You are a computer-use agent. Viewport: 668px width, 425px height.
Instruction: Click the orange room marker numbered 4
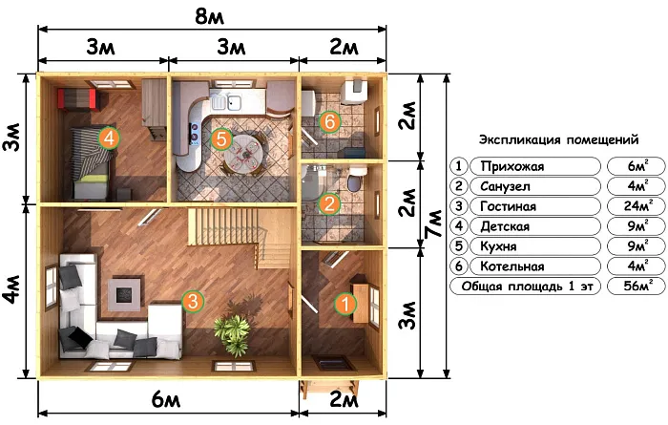click(x=109, y=138)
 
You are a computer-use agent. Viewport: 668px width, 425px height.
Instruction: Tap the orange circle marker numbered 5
click(x=221, y=138)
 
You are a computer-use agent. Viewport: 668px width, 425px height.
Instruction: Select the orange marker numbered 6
click(x=330, y=122)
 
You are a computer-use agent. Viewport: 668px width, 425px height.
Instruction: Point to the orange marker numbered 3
click(x=193, y=301)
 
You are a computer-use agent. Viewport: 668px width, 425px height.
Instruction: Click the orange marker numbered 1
click(x=345, y=304)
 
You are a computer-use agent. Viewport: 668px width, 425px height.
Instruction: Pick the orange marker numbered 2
click(x=329, y=203)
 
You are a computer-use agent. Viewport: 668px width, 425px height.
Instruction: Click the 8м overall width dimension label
click(x=209, y=16)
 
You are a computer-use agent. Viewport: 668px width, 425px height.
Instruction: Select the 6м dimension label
click(x=166, y=399)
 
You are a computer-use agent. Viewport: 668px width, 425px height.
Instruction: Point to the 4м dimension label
click(x=12, y=289)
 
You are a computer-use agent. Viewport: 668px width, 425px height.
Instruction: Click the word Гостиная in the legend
click(x=508, y=206)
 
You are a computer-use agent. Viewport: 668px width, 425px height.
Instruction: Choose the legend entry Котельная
click(x=512, y=266)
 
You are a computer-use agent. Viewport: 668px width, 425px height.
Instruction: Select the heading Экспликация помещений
click(x=558, y=139)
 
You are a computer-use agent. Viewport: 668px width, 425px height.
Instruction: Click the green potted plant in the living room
click(x=232, y=333)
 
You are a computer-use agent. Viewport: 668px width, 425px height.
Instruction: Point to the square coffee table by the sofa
click(x=124, y=294)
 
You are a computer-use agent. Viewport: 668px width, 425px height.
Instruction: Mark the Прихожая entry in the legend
click(x=512, y=166)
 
